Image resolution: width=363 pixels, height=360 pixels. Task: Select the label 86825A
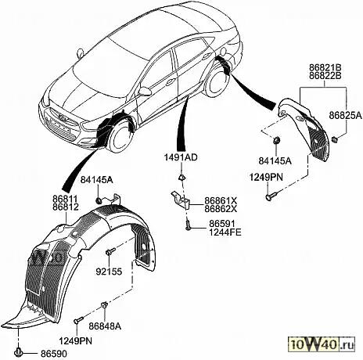[346, 115]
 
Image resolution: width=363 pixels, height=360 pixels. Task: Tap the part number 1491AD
[181, 157]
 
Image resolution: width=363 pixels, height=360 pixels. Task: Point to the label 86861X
[221, 201]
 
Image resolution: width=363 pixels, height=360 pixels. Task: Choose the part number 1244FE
[225, 232]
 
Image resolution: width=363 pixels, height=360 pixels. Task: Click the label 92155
[109, 272]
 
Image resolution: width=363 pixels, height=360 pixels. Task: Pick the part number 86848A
[105, 326]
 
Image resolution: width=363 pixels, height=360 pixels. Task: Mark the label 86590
[54, 354]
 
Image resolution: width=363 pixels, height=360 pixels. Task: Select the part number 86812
[66, 207]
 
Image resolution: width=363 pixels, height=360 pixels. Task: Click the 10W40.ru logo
[322, 345]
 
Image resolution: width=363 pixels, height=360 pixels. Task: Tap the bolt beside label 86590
[19, 352]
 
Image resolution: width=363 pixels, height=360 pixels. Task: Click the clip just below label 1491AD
[181, 178]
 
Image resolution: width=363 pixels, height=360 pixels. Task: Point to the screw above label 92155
[110, 251]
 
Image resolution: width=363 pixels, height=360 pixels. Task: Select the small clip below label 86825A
[334, 139]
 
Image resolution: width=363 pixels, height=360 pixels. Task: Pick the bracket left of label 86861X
[181, 199]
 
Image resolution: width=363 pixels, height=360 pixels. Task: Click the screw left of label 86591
[188, 225]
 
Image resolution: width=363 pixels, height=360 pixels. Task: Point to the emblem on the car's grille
[62, 117]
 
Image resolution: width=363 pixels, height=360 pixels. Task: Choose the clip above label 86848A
[104, 304]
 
